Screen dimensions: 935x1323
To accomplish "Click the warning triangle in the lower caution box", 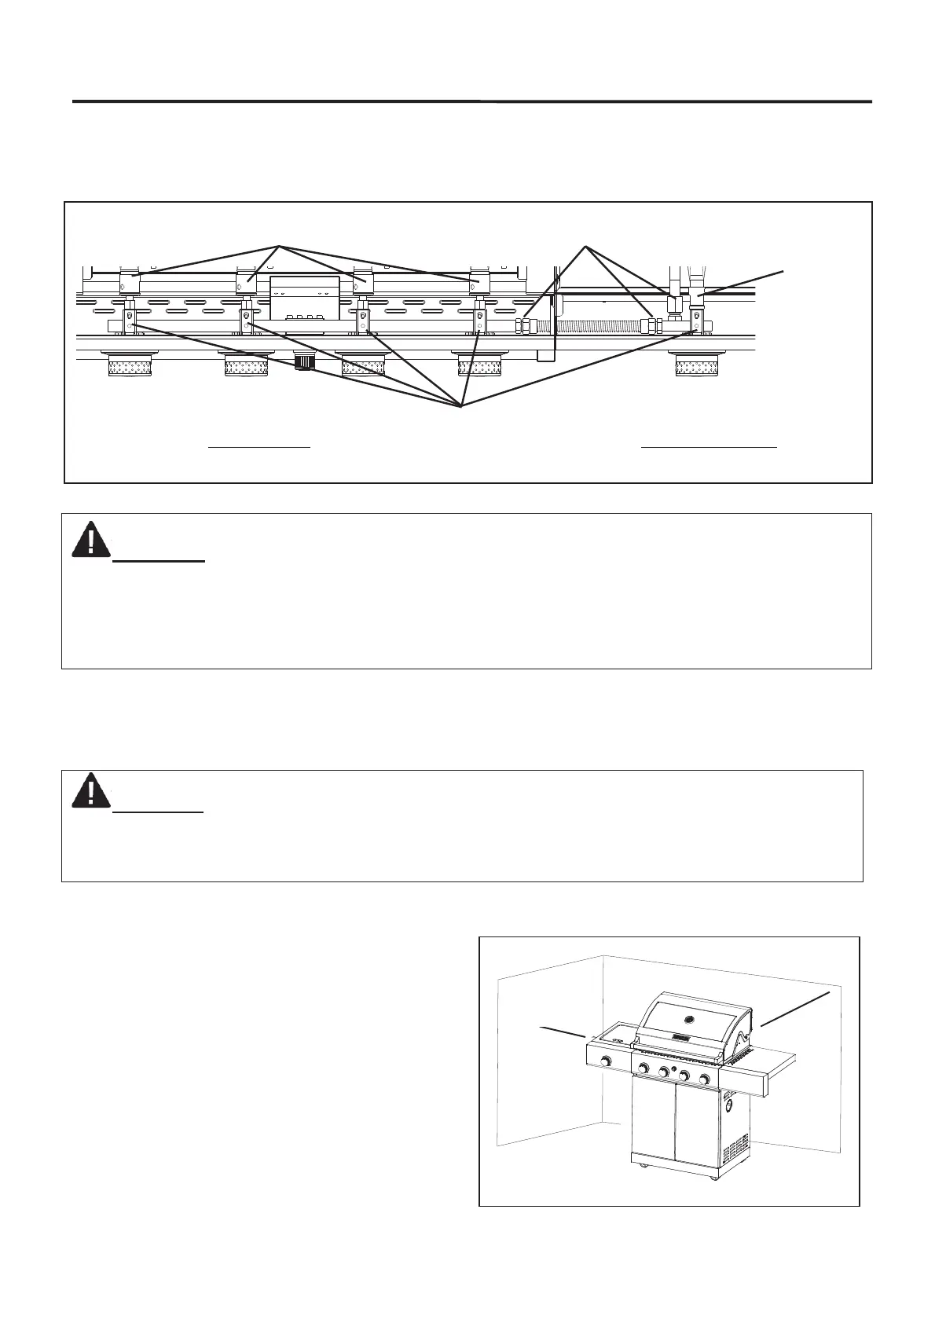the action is click(90, 791).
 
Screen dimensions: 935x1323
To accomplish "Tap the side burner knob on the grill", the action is click(607, 1062).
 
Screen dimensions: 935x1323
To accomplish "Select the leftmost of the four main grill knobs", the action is click(643, 1068).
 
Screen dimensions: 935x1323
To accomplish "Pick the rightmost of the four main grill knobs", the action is click(705, 1079).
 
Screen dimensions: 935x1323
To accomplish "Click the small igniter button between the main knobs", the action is click(674, 1071).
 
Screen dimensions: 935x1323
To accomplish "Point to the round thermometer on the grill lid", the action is click(690, 1021).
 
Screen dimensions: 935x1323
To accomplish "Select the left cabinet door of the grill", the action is click(653, 1123).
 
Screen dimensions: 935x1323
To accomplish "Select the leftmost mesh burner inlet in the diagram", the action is click(130, 366).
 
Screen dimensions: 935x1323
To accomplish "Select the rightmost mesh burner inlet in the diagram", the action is click(698, 366).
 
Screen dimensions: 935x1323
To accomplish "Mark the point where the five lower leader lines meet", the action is click(462, 405).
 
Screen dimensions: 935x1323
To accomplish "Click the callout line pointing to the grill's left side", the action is click(561, 1032).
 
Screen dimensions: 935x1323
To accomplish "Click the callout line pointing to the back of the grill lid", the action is click(794, 1009).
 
